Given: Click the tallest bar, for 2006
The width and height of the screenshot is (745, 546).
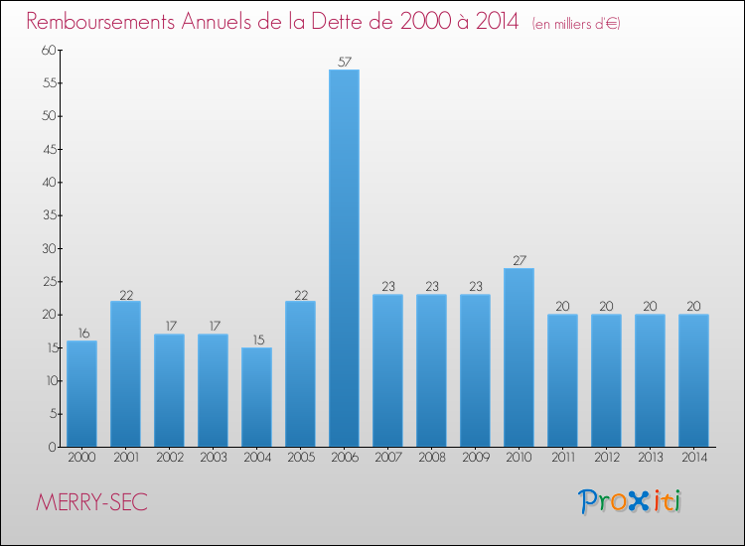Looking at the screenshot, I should pyautogui.click(x=344, y=258).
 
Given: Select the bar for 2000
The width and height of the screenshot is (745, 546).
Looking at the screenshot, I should pyautogui.click(x=81, y=393).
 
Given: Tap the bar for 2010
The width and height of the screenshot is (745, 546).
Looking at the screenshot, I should pyautogui.click(x=519, y=357).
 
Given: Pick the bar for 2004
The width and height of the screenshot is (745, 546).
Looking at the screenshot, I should pyautogui.click(x=256, y=397).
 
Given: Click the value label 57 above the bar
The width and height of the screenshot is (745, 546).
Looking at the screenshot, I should pyautogui.click(x=344, y=62).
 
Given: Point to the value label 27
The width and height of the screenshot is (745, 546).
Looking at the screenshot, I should pyautogui.click(x=519, y=260).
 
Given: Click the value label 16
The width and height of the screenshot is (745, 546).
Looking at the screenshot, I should pyautogui.click(x=81, y=333).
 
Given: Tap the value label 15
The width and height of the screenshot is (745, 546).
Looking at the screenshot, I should pyautogui.click(x=256, y=340).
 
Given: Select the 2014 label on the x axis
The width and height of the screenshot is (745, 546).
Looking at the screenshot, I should pyautogui.click(x=693, y=459).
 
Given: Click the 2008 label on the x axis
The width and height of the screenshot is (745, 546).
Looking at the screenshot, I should pyautogui.click(x=431, y=459).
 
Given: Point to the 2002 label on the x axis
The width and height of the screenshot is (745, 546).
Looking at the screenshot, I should pyautogui.click(x=169, y=459).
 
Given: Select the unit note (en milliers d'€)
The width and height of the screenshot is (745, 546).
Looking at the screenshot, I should pyautogui.click(x=576, y=23).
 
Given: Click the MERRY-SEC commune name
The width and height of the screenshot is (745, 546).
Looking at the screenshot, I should pyautogui.click(x=91, y=502).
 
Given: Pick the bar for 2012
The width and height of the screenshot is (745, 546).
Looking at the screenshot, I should pyautogui.click(x=606, y=380).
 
